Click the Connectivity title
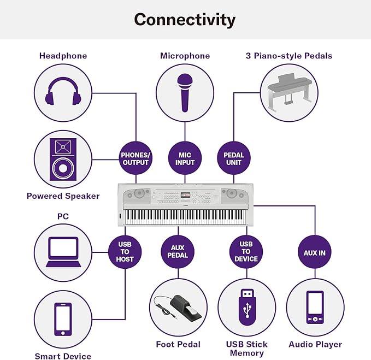pyautogui.click(x=185, y=20)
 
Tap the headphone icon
pyautogui.click(x=63, y=91)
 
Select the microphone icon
pyautogui.click(x=185, y=92)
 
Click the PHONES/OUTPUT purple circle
pyautogui.click(x=136, y=158)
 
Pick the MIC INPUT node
pyautogui.click(x=185, y=158)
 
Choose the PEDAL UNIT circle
pyautogui.click(x=234, y=158)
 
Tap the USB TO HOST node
pyautogui.click(x=125, y=252)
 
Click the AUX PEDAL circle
pyautogui.click(x=178, y=252)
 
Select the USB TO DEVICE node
pyautogui.click(x=246, y=252)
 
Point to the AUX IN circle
pyautogui.click(x=315, y=252)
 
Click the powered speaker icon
pyautogui.click(x=63, y=160)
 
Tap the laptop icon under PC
pyautogui.click(x=63, y=252)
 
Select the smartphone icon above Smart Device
pyautogui.click(x=63, y=320)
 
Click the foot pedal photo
pyautogui.click(x=178, y=307)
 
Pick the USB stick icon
pyautogui.click(x=248, y=307)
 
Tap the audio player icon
pyautogui.click(x=315, y=307)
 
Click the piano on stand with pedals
pyautogui.click(x=290, y=93)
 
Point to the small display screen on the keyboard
pyautogui.click(x=186, y=195)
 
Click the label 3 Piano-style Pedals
pyautogui.click(x=289, y=56)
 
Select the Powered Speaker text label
pyautogui.click(x=63, y=196)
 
